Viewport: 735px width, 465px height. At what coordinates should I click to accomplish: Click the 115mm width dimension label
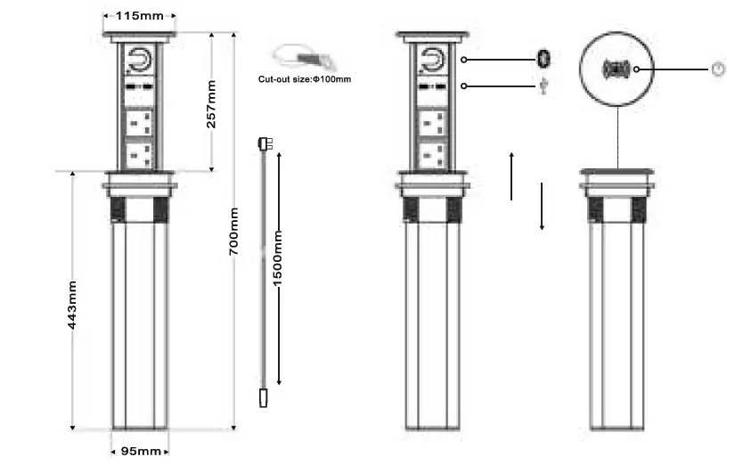[x=139, y=16]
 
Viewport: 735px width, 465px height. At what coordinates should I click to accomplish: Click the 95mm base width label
[x=140, y=452]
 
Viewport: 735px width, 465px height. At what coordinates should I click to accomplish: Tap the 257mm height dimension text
[x=211, y=104]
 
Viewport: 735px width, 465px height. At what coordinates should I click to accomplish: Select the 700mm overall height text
[x=233, y=232]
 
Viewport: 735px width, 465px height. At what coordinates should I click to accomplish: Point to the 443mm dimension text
[x=72, y=305]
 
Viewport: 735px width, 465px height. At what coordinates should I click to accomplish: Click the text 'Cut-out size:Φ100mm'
[x=304, y=79]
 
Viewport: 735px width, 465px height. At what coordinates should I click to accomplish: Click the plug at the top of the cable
[x=264, y=143]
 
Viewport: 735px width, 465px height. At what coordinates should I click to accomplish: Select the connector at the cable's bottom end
[x=264, y=397]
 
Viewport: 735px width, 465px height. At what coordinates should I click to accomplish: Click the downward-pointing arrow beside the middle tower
[x=541, y=207]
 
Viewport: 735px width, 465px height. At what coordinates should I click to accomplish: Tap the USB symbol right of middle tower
[x=543, y=86]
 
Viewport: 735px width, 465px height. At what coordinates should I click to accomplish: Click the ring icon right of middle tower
[x=543, y=60]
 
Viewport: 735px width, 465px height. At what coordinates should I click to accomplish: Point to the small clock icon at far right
[x=718, y=69]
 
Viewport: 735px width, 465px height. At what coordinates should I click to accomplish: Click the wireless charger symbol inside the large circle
[x=617, y=69]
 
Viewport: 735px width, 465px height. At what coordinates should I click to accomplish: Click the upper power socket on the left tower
[x=140, y=120]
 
